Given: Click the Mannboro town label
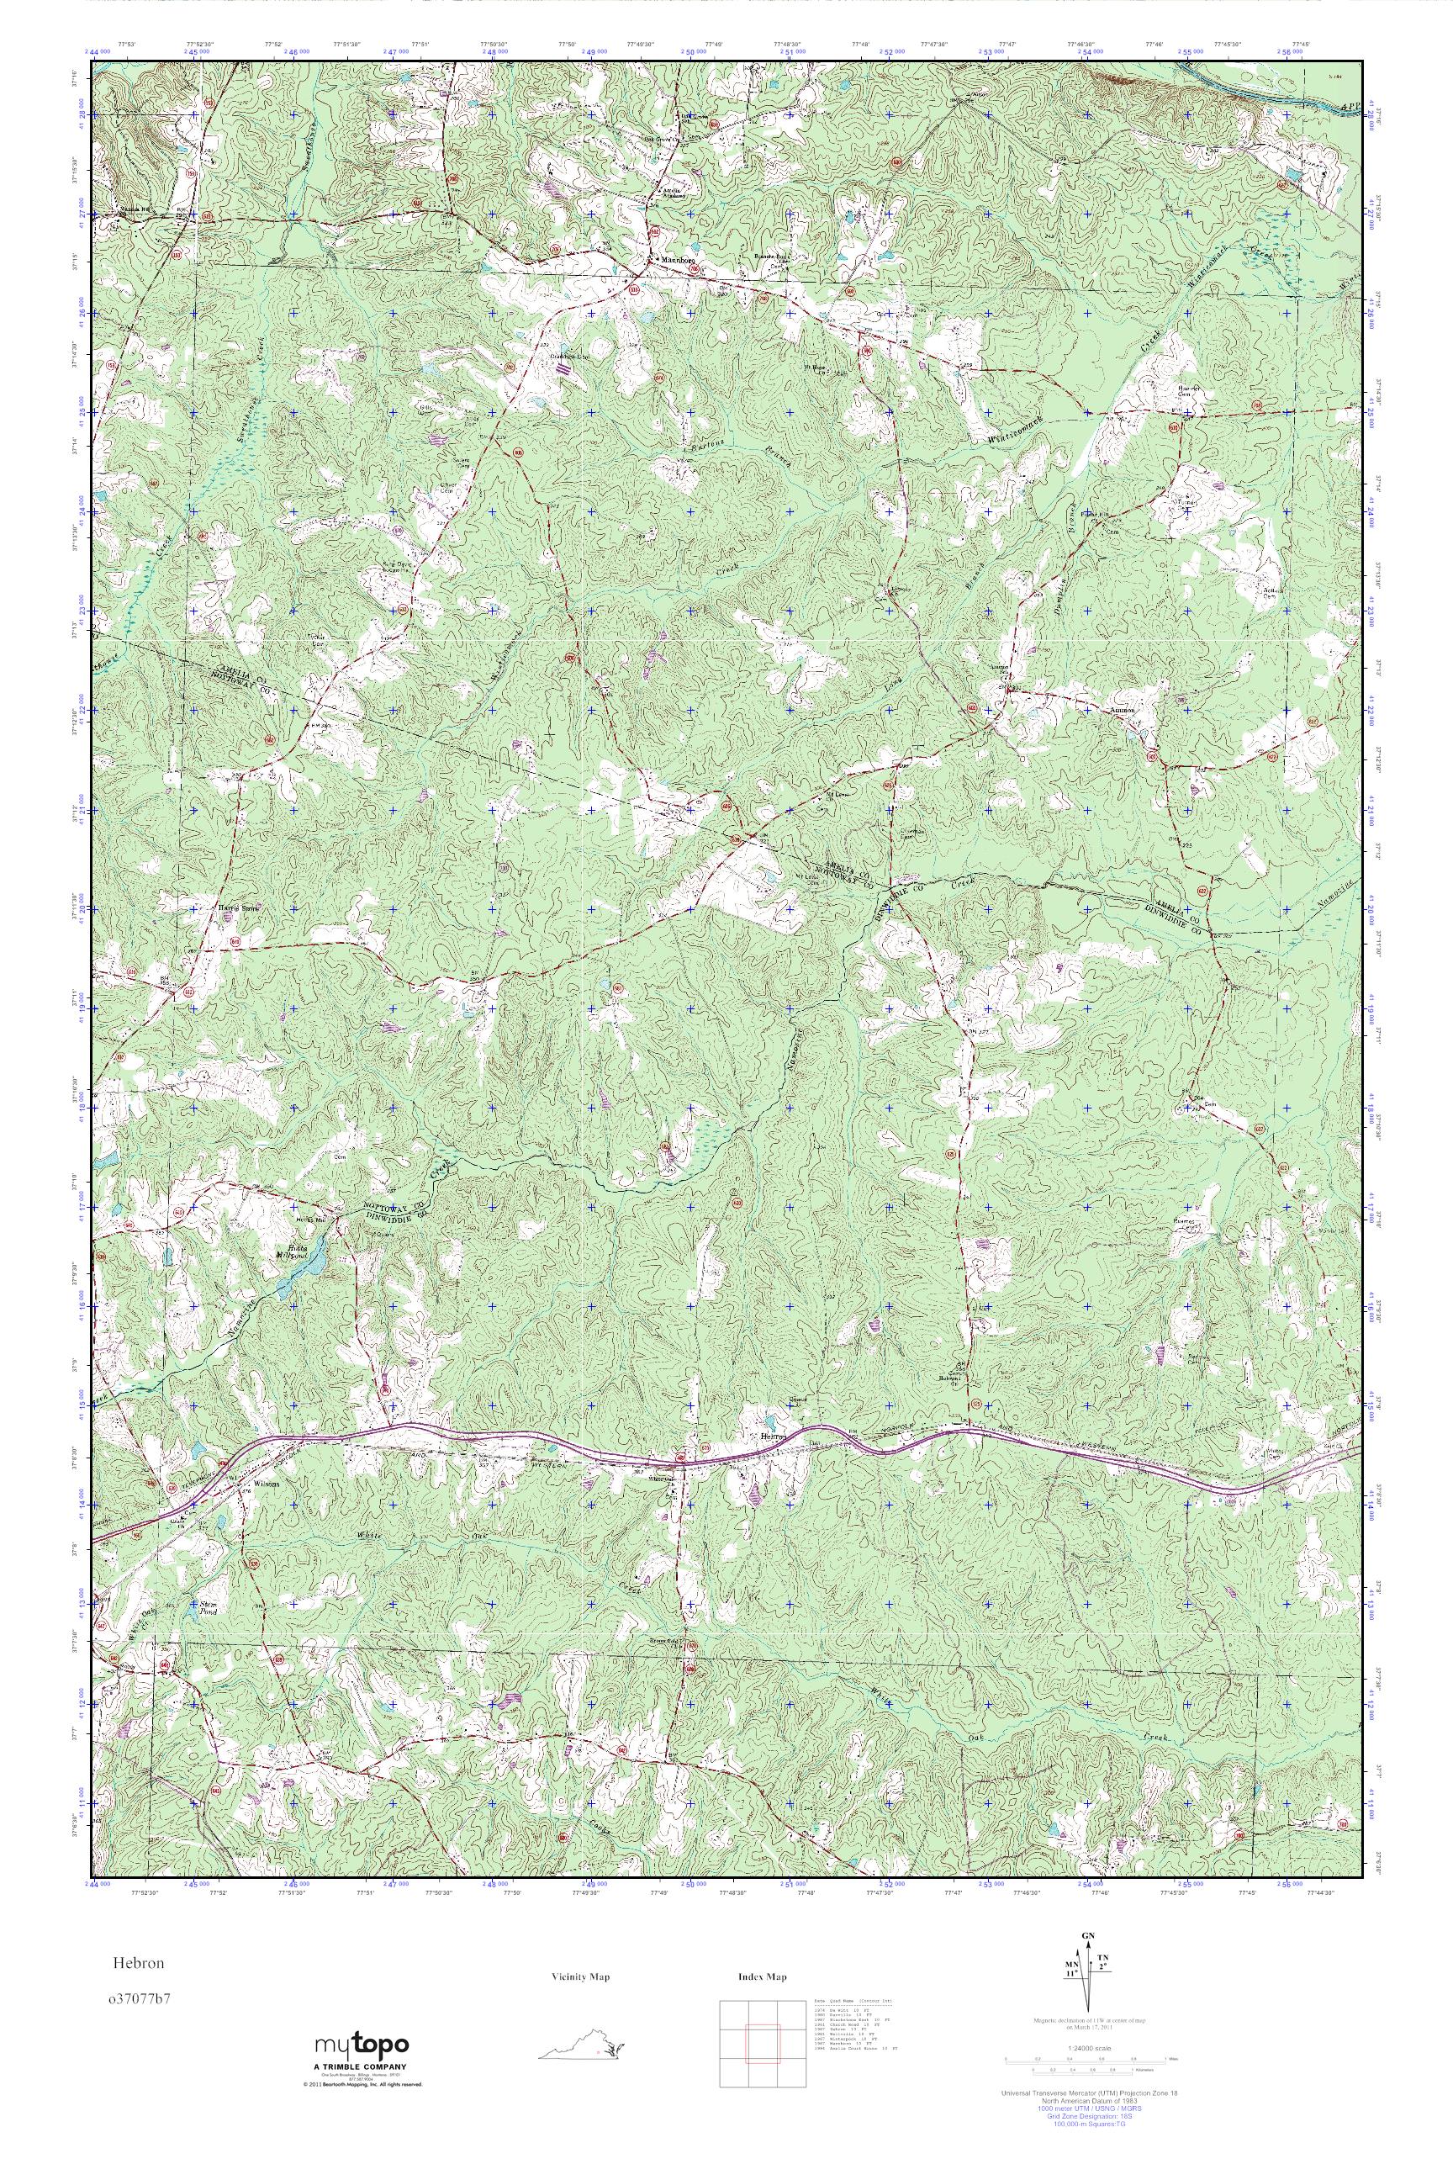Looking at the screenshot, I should (x=675, y=262).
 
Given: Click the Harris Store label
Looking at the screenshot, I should (x=241, y=908).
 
